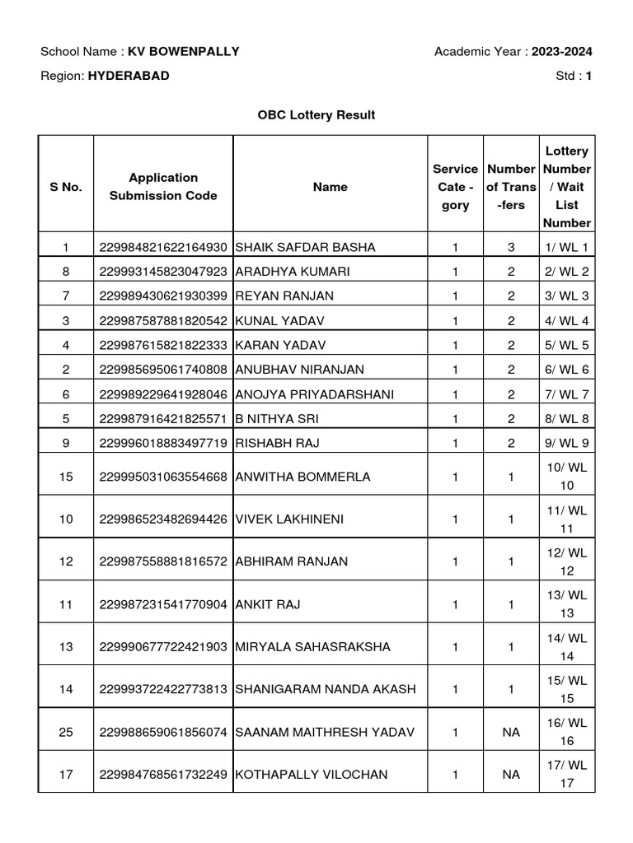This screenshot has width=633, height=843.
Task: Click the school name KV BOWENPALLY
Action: [183, 52]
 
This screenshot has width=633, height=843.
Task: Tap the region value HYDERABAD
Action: [129, 76]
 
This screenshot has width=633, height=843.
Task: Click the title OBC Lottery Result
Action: [316, 115]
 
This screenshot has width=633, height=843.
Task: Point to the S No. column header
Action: [66, 187]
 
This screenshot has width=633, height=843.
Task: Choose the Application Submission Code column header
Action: [163, 187]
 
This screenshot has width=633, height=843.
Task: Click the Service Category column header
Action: [455, 187]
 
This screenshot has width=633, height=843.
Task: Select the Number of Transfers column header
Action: [511, 187]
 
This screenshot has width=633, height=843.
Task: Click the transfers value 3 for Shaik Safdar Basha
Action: [511, 247]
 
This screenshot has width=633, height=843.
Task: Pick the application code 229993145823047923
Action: [163, 272]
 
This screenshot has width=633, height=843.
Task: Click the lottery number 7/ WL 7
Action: [567, 394]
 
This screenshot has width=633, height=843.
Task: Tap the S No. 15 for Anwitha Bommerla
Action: [66, 477]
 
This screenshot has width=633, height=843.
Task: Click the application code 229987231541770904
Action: [163, 605]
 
